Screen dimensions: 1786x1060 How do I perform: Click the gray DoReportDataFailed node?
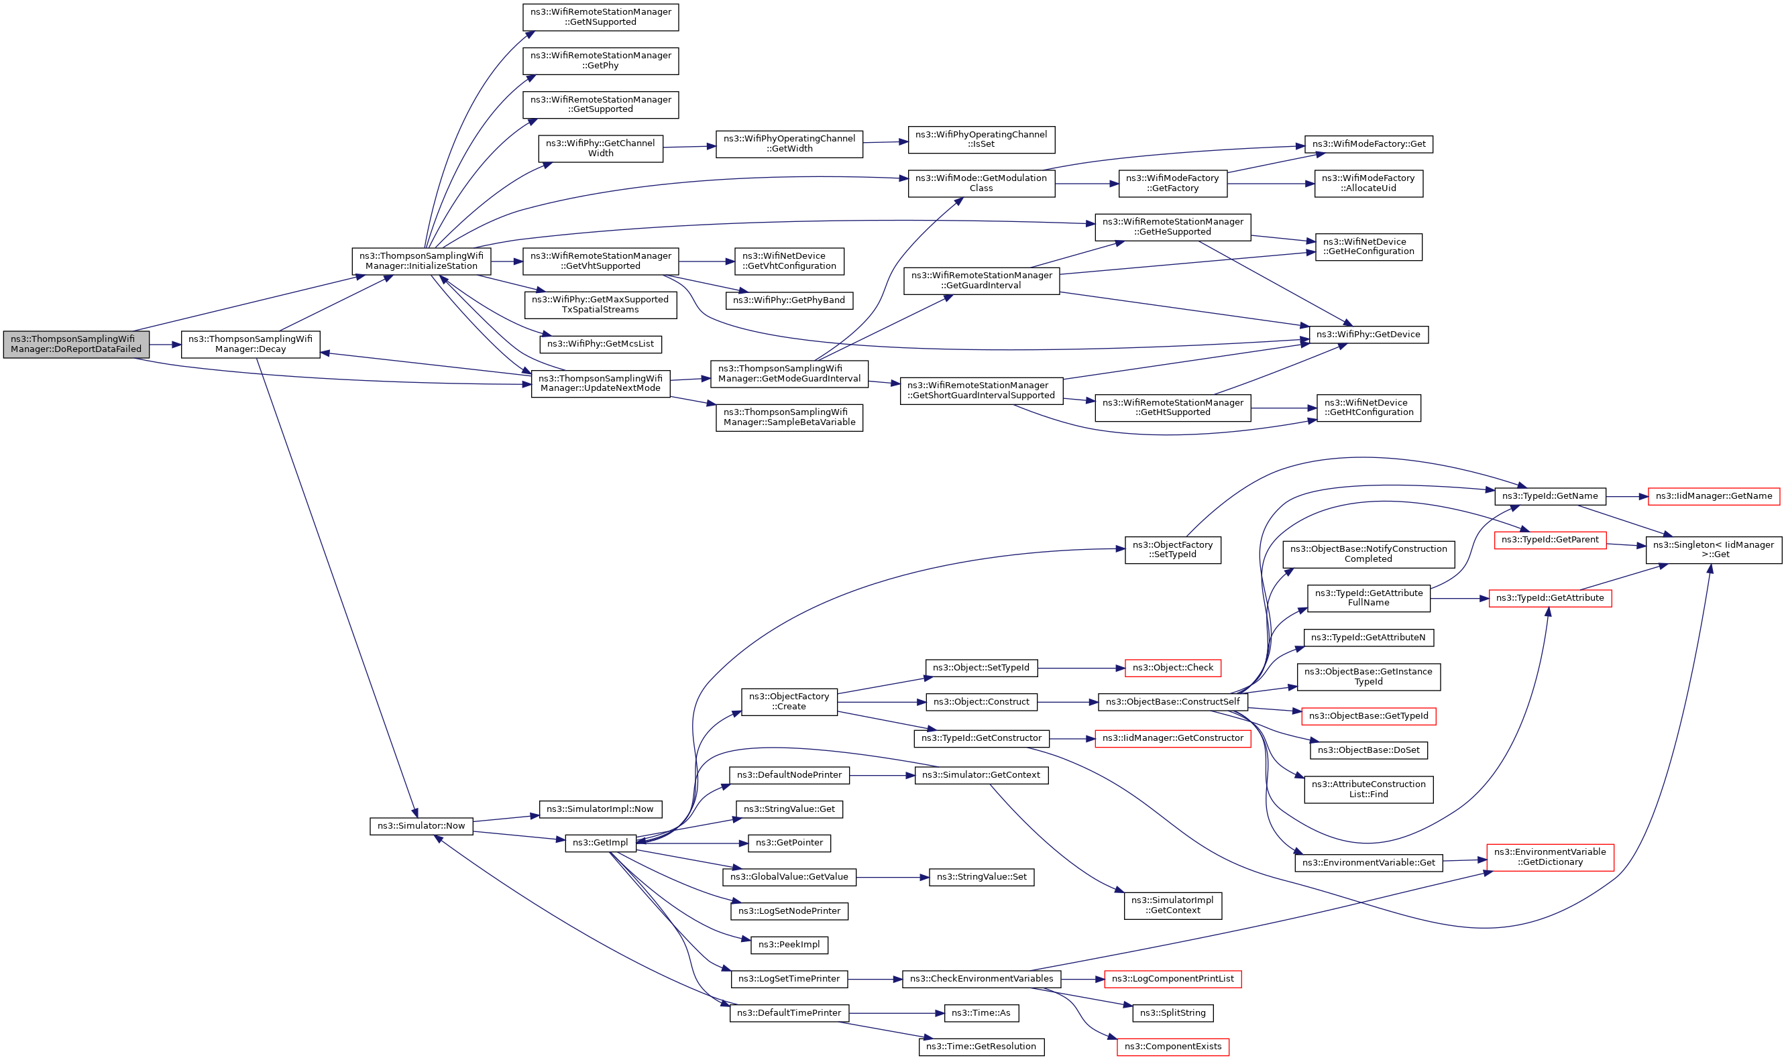pyautogui.click(x=76, y=345)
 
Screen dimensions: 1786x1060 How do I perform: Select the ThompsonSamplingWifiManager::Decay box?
pyautogui.click(x=250, y=345)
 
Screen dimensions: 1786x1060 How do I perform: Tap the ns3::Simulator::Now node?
pyautogui.click(x=421, y=826)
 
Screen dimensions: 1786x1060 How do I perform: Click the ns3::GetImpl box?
pyautogui.click(x=600, y=843)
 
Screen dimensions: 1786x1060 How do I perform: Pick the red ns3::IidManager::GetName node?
pyautogui.click(x=1714, y=496)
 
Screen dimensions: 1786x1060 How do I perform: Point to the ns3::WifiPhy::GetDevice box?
pyautogui.click(x=1368, y=335)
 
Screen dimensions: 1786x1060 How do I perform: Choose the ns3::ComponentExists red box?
pyautogui.click(x=1173, y=1047)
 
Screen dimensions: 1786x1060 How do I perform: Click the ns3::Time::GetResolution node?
pyautogui.click(x=981, y=1047)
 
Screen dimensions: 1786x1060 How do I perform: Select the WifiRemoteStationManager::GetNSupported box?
pyautogui.click(x=601, y=17)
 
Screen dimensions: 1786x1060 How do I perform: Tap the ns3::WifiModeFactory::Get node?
pyautogui.click(x=1369, y=144)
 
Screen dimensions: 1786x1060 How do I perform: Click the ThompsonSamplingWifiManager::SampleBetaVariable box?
pyautogui.click(x=789, y=418)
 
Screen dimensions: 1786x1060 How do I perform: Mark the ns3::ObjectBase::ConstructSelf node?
pyautogui.click(x=1173, y=702)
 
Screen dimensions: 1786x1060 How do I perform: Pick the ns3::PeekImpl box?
pyautogui.click(x=789, y=945)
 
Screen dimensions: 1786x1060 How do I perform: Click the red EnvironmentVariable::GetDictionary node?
pyautogui.click(x=1550, y=857)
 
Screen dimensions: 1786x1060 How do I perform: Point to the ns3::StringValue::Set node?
pyautogui.click(x=982, y=877)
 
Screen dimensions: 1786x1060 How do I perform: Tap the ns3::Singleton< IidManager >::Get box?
pyautogui.click(x=1714, y=550)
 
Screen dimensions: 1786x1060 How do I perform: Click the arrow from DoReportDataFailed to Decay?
pyautogui.click(x=165, y=345)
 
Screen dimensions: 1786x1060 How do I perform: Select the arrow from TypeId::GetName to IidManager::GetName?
pyautogui.click(x=1626, y=496)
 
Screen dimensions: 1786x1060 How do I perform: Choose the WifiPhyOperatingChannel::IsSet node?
pyautogui.click(x=982, y=139)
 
